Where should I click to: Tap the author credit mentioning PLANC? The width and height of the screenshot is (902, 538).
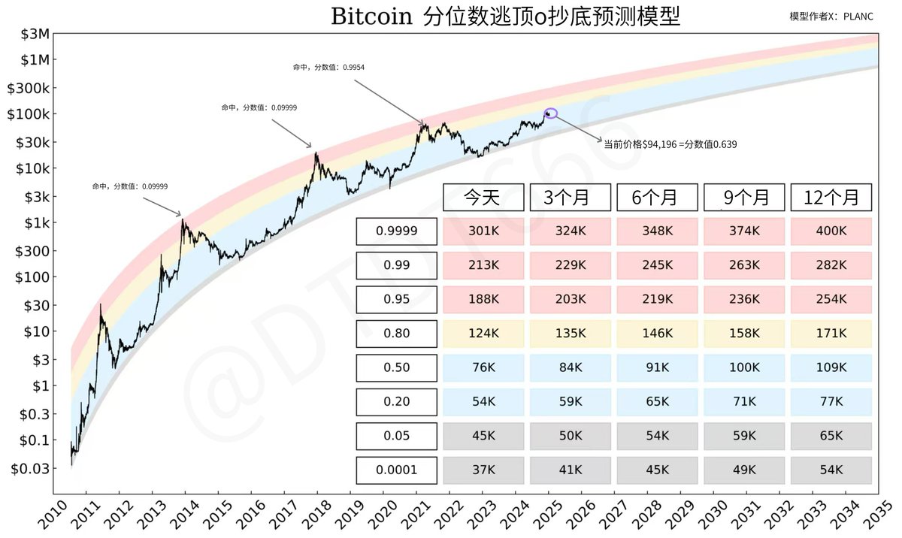831,17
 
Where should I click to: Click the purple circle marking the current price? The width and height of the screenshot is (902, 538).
551,113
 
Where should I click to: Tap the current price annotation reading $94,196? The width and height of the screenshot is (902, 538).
669,143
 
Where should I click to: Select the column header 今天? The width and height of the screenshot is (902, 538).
483,198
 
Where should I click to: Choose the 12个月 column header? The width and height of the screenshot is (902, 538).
831,198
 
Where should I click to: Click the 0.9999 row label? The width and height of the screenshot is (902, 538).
396,231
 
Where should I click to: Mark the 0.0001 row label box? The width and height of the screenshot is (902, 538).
396,470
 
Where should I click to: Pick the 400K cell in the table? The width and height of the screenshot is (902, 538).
831,231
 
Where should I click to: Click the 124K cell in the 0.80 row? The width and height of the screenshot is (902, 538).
483,334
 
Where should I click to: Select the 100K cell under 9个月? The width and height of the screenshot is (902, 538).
743,368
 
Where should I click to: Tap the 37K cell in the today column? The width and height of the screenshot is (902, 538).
483,470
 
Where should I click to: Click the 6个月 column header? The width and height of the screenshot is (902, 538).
657,198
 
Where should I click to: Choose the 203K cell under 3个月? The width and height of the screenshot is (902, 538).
570,299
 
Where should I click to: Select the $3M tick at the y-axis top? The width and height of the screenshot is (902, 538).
32,35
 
